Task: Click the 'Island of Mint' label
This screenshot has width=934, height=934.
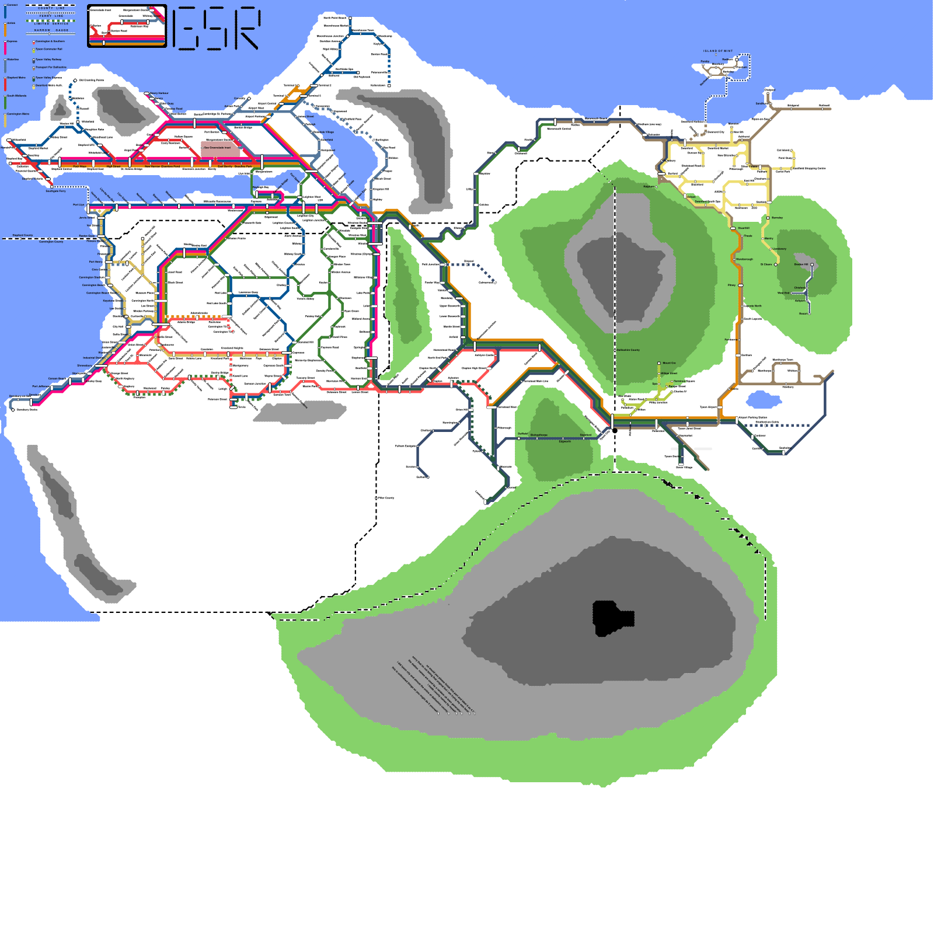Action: [x=717, y=51]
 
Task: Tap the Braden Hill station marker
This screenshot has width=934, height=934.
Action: [x=811, y=265]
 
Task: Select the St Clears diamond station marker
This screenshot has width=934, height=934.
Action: [x=776, y=264]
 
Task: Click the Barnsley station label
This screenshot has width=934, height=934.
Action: [x=777, y=218]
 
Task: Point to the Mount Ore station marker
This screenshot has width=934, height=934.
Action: [x=659, y=363]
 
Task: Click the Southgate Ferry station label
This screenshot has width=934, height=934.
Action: [x=56, y=191]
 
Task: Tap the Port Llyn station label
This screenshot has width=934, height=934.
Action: [x=78, y=205]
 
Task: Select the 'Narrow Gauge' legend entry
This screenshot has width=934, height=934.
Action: [x=51, y=30]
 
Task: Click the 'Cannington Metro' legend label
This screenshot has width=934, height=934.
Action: [x=18, y=114]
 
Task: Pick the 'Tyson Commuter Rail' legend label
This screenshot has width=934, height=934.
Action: [x=49, y=49]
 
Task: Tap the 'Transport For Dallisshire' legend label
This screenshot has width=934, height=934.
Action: [x=51, y=67]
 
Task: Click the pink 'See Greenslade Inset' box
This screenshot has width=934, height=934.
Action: [x=220, y=148]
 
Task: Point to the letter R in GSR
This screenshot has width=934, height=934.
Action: [x=246, y=28]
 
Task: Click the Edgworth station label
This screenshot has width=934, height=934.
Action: [x=565, y=441]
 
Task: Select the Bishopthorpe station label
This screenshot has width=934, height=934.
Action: [x=539, y=435]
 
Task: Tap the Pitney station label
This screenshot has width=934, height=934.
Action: [x=732, y=285]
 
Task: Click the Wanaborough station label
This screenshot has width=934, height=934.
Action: [x=744, y=259]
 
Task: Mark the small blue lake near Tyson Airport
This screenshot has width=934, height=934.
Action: [x=764, y=400]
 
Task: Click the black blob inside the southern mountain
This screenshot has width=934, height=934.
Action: [x=611, y=618]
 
